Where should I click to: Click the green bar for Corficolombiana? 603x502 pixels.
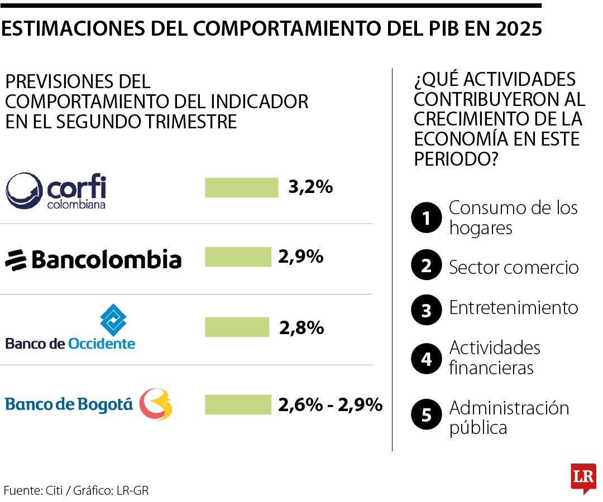tap(241, 187)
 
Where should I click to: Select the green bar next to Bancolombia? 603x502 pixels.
tap(237, 257)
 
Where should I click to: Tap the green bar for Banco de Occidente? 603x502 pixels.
tap(237, 327)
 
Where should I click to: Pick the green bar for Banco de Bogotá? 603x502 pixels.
tap(237, 404)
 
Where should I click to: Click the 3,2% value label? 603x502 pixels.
tap(310, 187)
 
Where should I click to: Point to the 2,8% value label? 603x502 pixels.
tap(301, 327)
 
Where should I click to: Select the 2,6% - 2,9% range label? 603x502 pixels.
tap(330, 404)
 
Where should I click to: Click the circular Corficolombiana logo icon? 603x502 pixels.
tap(24, 190)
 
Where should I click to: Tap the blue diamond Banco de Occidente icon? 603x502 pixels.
tap(113, 320)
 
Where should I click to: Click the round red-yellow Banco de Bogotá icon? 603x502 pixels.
tap(156, 404)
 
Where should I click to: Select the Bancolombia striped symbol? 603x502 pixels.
tap(16, 260)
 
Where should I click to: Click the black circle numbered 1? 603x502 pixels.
tap(427, 218)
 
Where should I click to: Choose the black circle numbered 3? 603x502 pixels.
tap(427, 310)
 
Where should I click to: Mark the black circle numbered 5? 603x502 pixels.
tap(427, 416)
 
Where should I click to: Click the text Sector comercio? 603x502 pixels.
tap(514, 267)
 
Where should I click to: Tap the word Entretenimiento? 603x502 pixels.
tap(514, 308)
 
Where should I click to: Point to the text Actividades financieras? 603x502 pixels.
tap(495, 358)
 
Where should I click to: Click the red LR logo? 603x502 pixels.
tap(583, 477)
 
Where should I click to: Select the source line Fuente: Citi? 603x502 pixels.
tap(76, 490)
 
